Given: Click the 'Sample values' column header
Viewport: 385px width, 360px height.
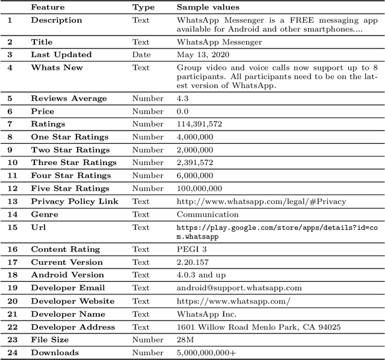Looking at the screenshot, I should pyautogui.click(x=208, y=7).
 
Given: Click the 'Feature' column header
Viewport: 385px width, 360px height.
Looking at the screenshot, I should pyautogui.click(x=48, y=7).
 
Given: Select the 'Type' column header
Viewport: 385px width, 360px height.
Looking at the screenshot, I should pyautogui.click(x=143, y=7).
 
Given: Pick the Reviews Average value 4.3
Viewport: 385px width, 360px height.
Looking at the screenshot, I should pyautogui.click(x=182, y=98).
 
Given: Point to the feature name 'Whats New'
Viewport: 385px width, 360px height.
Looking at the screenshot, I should pyautogui.click(x=57, y=67).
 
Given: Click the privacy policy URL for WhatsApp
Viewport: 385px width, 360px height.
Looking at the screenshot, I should pyautogui.click(x=261, y=202).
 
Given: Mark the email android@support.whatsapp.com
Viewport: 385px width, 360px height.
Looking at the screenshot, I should pyautogui.click(x=239, y=288).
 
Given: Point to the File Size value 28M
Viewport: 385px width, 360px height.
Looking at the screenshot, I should pyautogui.click(x=185, y=340).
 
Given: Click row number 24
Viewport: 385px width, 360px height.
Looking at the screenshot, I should pyautogui.click(x=10, y=353).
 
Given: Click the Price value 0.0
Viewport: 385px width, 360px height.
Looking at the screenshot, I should pyautogui.click(x=182, y=111).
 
